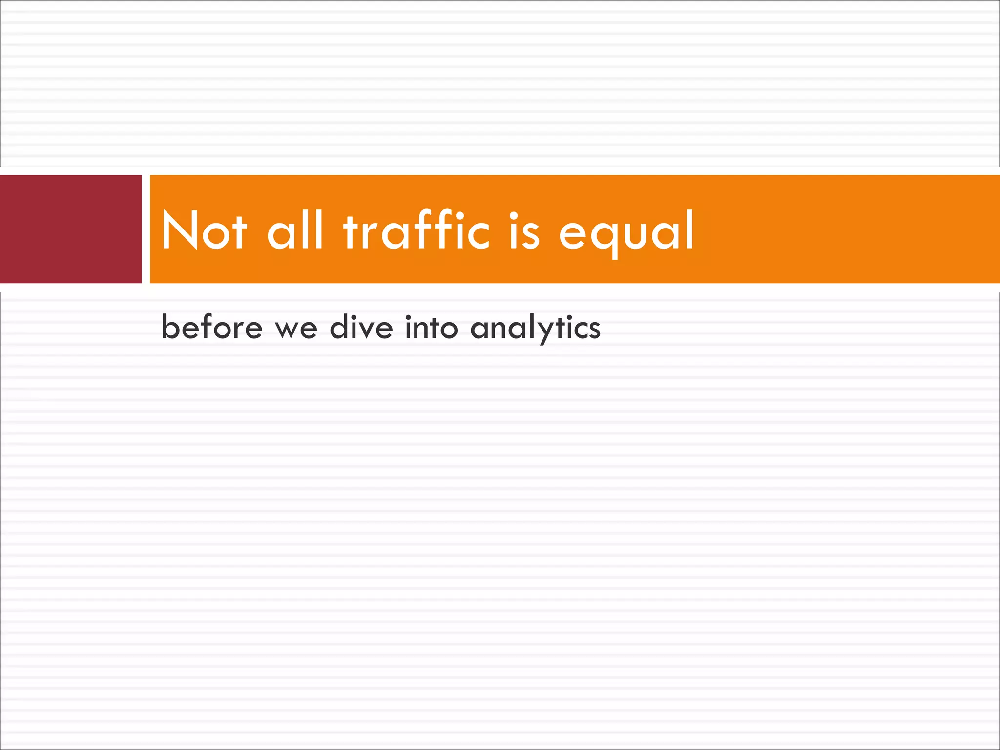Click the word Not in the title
tap(204, 230)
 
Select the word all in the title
tap(295, 230)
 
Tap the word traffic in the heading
tap(416, 230)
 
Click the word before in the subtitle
tap(212, 327)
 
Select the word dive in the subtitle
tap(361, 327)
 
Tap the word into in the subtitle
tap(431, 327)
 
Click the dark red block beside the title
tap(71, 229)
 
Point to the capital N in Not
tap(179, 230)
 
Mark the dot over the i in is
tap(514, 214)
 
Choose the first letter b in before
tap(169, 326)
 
